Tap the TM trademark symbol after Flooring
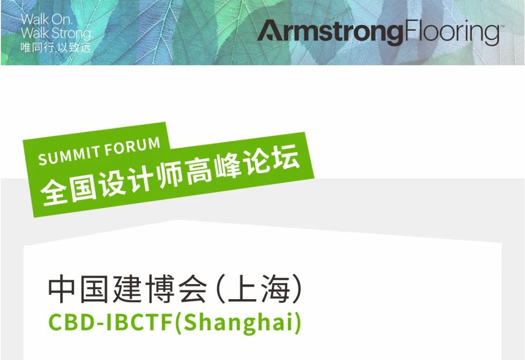tap(502, 25)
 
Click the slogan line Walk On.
tap(47, 20)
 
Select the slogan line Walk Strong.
tap(56, 33)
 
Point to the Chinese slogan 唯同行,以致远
tap(56, 48)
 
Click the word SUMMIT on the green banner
tap(70, 155)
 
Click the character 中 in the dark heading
tap(61, 289)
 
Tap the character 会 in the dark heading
tap(192, 289)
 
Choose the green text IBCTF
tap(140, 322)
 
